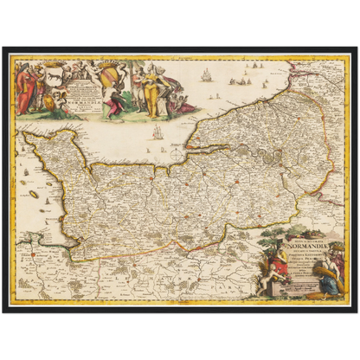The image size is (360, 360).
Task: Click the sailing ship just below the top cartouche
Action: coord(157,132)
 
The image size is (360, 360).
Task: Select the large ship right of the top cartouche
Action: coord(206,76)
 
